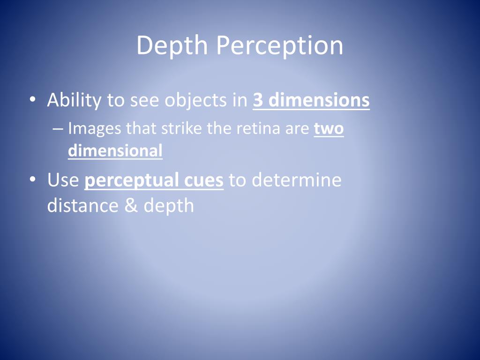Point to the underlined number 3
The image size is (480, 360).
pos(257,100)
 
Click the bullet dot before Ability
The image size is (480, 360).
pos(32,99)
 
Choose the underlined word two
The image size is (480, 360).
pos(329,128)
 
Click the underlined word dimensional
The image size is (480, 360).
pos(115,151)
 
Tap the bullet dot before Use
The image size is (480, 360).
pos(32,179)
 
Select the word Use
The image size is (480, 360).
pos(63,180)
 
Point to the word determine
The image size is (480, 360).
pos(297,180)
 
